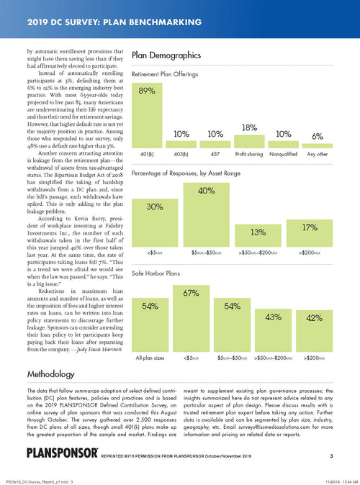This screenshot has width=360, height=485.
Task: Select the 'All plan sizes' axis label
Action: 150,356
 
